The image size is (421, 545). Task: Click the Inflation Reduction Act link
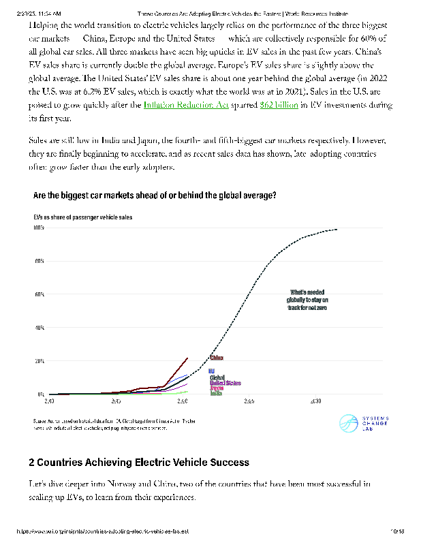click(185, 105)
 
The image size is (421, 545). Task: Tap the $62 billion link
click(279, 105)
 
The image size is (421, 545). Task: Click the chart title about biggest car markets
click(155, 195)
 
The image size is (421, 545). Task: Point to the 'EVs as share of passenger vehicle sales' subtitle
click(83, 217)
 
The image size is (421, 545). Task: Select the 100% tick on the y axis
click(39, 228)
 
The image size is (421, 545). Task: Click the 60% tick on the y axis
click(39, 295)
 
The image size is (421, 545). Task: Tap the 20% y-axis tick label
click(39, 361)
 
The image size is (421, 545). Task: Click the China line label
click(217, 357)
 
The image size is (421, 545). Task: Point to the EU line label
click(211, 371)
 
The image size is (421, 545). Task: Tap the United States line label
click(225, 383)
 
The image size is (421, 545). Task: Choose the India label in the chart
click(215, 393)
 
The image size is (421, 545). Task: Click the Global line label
click(217, 377)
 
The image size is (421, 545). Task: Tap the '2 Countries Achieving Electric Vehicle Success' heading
click(139, 463)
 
